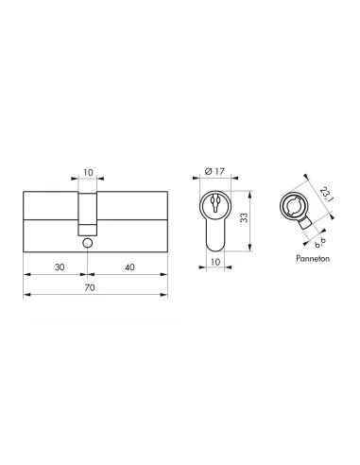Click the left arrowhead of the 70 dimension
[x=24, y=295]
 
